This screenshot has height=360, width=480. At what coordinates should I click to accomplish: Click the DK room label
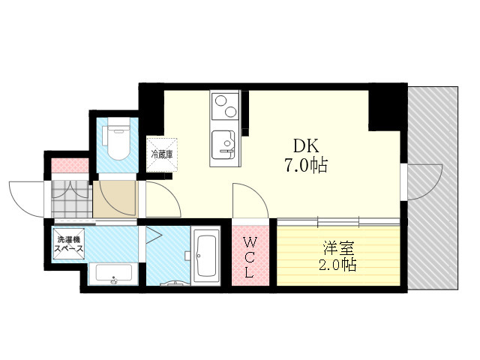coord(306,145)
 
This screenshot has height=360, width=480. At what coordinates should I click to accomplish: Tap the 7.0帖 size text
coord(306,165)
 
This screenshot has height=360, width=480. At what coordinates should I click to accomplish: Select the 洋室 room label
coord(338,248)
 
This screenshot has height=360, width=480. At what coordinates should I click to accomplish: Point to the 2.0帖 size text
coord(337,265)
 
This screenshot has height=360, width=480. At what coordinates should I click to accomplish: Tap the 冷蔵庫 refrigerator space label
coord(162,154)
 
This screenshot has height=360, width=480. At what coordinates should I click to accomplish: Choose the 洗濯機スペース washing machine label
coord(68,244)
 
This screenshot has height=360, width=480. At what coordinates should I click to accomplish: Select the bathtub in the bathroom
coord(207,256)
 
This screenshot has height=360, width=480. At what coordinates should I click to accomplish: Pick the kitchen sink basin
coord(223,145)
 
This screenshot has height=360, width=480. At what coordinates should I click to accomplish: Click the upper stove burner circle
coord(220,100)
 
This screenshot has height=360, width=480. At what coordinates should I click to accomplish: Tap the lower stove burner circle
coord(230,112)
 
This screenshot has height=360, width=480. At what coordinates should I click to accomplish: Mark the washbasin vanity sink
coord(114,274)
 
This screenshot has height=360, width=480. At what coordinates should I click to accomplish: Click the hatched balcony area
coord(433,187)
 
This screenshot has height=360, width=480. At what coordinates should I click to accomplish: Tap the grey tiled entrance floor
coord(72,199)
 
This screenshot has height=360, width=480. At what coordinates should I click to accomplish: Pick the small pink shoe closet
coord(70,165)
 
